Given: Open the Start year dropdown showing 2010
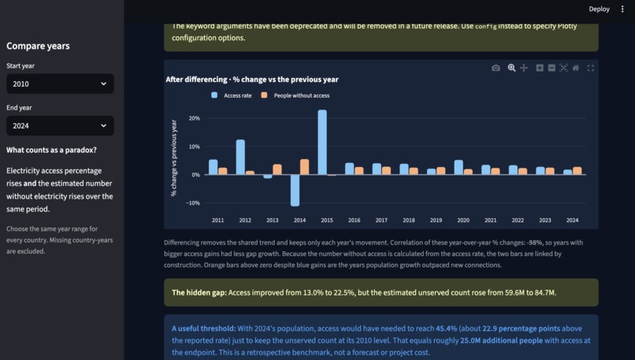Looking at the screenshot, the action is pos(60,84).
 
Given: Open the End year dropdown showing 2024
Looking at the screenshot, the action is pos(60,125).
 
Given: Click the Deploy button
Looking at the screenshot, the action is pos(599,9).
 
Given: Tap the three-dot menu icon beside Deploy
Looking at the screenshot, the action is pos(622,9).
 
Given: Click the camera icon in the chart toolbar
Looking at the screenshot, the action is pos(496,68).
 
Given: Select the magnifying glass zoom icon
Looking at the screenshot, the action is pos(511,68).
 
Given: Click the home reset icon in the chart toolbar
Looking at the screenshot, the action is pos(575,68).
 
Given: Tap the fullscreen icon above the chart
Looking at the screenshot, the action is pos(590,68).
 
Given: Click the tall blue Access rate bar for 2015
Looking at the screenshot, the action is pos(322,142).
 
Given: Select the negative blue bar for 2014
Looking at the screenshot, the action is pos(295,191).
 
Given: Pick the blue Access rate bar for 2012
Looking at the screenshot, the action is pos(240,157).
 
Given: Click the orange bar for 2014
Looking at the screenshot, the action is pos(305,167).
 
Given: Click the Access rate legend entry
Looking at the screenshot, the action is pos(232,95).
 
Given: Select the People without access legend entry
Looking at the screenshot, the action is pos(295,95).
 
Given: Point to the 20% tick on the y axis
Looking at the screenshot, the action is pos(195,118).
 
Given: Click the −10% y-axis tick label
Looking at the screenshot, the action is pos(193,203).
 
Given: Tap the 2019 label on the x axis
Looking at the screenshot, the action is pos(436,221).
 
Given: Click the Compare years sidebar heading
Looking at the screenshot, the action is pos(38,46).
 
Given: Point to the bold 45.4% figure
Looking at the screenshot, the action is pos(446,328).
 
